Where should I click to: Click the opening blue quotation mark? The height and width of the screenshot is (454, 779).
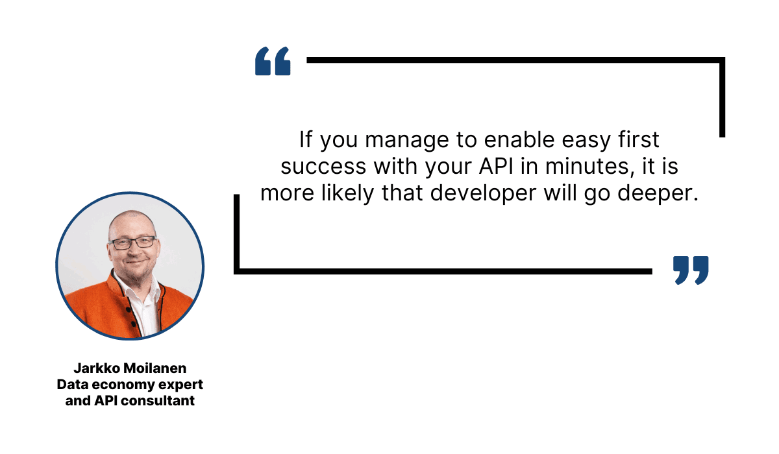click(273, 61)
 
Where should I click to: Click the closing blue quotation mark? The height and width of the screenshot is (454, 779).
click(691, 270)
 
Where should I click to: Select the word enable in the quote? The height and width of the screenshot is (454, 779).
click(520, 139)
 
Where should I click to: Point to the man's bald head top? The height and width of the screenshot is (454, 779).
click(130, 217)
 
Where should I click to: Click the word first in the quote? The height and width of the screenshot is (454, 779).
click(637, 139)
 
